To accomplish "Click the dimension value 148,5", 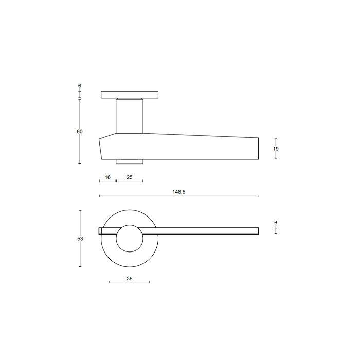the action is [178, 192].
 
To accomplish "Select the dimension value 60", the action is [79, 132].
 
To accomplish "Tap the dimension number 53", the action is [80, 239].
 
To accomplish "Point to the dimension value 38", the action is [130, 279].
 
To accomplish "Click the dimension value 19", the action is [276, 149].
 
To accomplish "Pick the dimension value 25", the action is [130, 177].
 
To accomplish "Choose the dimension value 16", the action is [107, 177].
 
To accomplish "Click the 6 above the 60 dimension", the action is [79, 86].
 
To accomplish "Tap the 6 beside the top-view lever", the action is [276, 223].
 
